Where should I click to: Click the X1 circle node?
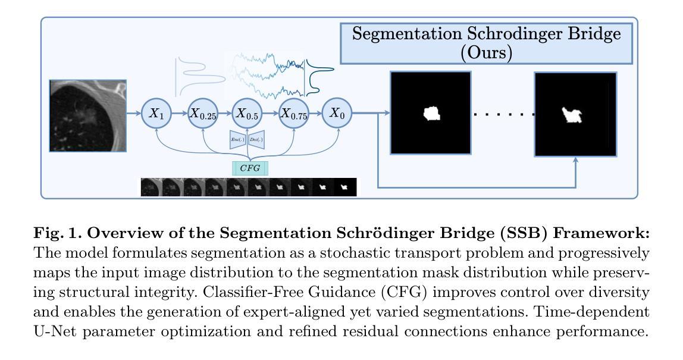click(156, 114)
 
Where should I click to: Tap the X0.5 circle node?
click(247, 114)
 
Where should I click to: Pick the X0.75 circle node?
click(294, 114)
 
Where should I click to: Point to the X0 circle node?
click(337, 114)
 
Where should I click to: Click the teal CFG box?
click(250, 168)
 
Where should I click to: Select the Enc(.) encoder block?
click(237, 140)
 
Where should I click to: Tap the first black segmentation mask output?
click(431, 112)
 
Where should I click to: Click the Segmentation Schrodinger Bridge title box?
click(486, 43)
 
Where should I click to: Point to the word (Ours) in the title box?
click(486, 52)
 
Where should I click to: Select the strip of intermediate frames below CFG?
click(248, 187)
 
